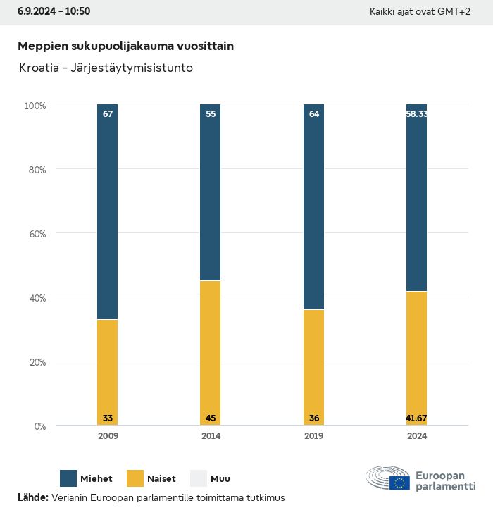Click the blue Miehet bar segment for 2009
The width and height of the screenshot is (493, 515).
tap(108, 211)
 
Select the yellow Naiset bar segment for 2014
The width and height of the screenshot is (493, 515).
tap(211, 352)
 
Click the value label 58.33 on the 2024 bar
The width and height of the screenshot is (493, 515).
tap(416, 114)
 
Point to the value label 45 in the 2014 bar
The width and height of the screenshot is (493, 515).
tap(211, 418)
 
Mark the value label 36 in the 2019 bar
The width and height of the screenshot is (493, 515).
tap(313, 418)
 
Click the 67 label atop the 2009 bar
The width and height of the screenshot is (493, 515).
tap(108, 114)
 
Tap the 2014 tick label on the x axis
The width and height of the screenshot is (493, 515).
tap(211, 436)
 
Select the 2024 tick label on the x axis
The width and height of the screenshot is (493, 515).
tap(416, 436)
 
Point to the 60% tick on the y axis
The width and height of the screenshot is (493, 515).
tap(36, 233)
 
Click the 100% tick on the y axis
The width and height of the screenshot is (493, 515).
tap(35, 105)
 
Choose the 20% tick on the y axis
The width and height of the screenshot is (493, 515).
tap(36, 362)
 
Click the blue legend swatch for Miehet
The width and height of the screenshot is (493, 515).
tap(69, 479)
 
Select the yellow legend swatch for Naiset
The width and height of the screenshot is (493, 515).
tap(135, 479)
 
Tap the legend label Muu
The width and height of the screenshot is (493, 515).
tap(220, 479)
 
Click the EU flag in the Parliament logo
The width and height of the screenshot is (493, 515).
tap(400, 483)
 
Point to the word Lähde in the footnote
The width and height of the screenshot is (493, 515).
tap(32, 497)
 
